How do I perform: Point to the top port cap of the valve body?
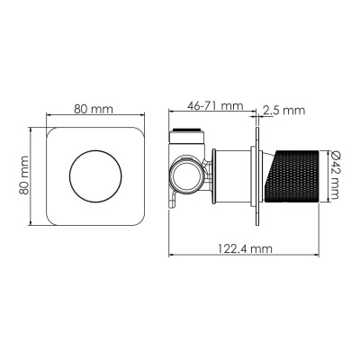[185, 137]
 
